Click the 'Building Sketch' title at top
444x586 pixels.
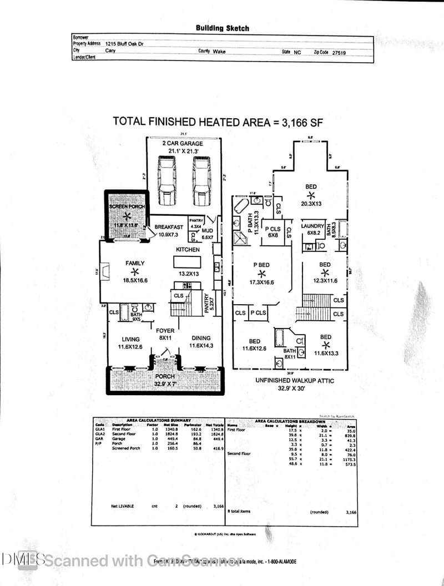pyautogui.click(x=222, y=28)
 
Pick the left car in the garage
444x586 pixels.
pyautogui.click(x=167, y=179)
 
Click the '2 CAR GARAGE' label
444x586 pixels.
pyautogui.click(x=183, y=144)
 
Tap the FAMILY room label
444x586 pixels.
pyautogui.click(x=134, y=264)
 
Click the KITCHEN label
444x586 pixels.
pyautogui.click(x=188, y=250)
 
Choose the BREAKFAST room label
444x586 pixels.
pyautogui.click(x=169, y=227)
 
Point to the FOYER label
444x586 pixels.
pyautogui.click(x=165, y=331)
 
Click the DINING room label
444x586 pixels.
pyautogui.click(x=201, y=339)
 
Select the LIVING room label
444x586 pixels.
pyautogui.click(x=130, y=339)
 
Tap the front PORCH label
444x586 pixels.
pyautogui.click(x=164, y=376)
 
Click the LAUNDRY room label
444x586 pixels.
pyautogui.click(x=312, y=226)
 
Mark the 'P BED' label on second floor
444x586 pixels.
pyautogui.click(x=261, y=265)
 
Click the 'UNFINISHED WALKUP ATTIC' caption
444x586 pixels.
pyautogui.click(x=293, y=381)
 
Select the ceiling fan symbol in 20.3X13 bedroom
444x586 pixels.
pyautogui.click(x=311, y=196)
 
